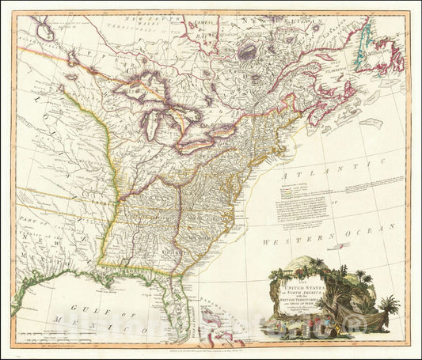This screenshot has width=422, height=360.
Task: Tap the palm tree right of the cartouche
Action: coord(388,305)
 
